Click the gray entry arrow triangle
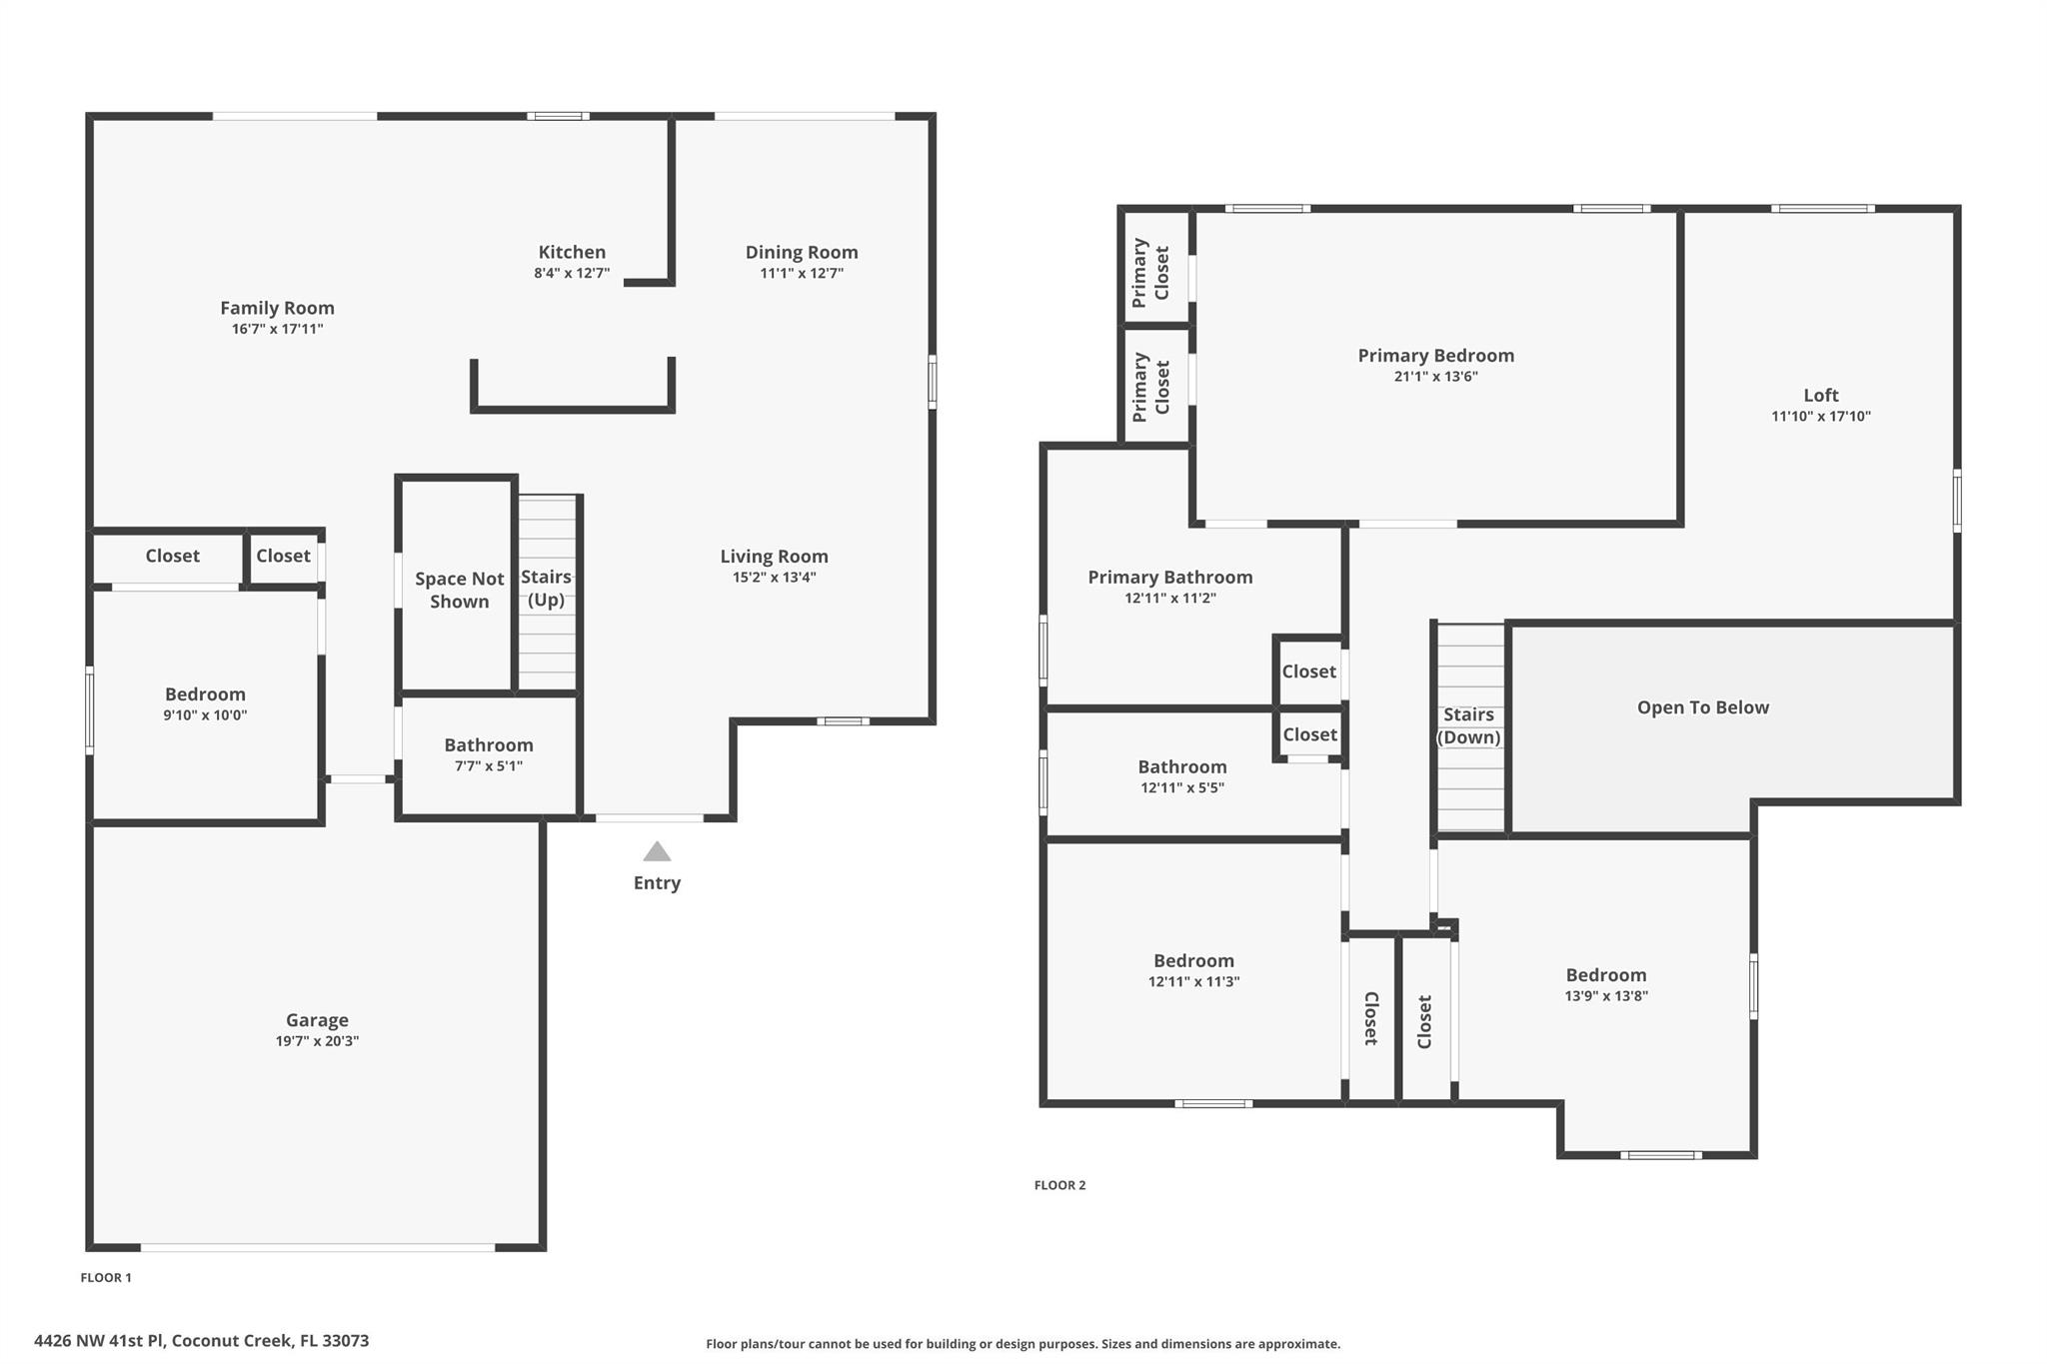tap(657, 852)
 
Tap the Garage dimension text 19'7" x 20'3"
tap(317, 1041)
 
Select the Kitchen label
tap(572, 252)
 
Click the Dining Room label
tap(802, 252)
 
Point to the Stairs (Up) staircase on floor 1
tap(548, 592)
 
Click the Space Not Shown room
tap(459, 590)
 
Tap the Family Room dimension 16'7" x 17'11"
tap(277, 329)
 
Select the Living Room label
tap(774, 556)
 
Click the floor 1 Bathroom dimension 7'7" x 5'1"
tap(489, 766)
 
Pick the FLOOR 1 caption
tap(106, 1277)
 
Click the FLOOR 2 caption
tap(1059, 1185)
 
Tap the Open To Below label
tap(1702, 707)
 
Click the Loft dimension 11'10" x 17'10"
tap(1820, 417)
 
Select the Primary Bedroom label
tap(1435, 355)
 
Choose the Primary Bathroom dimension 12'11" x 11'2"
tap(1169, 599)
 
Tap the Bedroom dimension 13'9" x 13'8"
tap(1605, 996)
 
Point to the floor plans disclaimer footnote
tap(1023, 1344)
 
